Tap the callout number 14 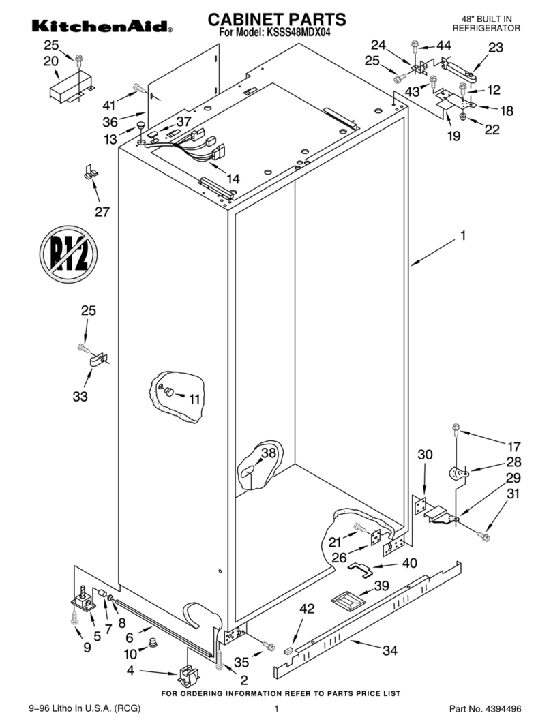click(233, 179)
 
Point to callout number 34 click(389, 651)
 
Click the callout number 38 click(269, 453)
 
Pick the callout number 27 click(102, 211)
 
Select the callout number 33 click(80, 396)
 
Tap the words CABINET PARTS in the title click(276, 18)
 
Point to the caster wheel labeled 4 click(187, 676)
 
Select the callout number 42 click(308, 609)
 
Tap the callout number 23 click(496, 47)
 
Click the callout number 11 click(195, 399)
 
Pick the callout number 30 click(425, 455)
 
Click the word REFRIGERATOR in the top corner click(486, 29)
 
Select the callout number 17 click(513, 447)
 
